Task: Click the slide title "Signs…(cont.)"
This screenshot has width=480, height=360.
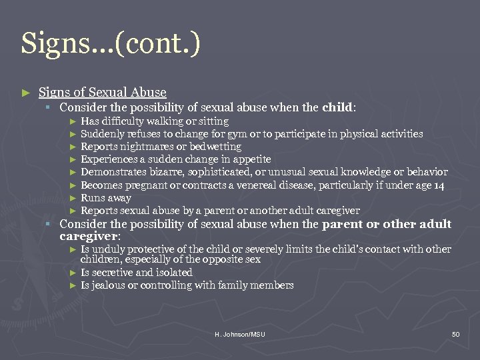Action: point(110,44)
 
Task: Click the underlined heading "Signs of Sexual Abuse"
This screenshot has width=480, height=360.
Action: point(103,92)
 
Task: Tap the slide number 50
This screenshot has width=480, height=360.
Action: point(455,333)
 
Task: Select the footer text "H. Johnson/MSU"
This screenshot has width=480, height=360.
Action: point(240,333)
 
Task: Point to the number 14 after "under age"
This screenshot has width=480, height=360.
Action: point(438,185)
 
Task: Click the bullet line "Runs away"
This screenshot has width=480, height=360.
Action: point(106,198)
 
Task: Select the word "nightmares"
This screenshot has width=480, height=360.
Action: point(143,147)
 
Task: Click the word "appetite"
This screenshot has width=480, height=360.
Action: point(249,159)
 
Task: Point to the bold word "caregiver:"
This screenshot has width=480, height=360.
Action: point(90,236)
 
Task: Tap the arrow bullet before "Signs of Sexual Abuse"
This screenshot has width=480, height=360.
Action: point(25,93)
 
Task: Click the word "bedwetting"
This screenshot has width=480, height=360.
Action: point(216,147)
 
